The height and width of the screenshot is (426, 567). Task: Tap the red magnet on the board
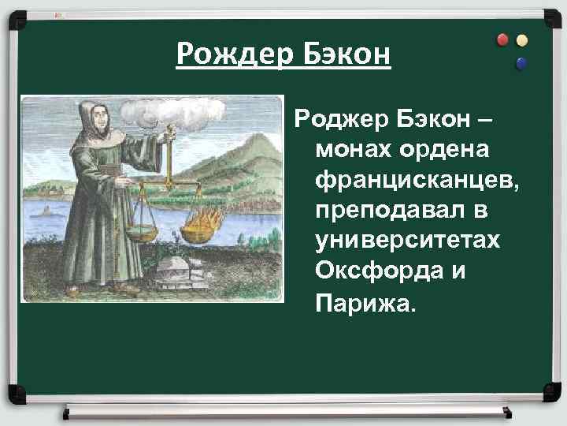(x=503, y=39)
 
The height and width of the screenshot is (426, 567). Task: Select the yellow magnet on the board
(x=521, y=40)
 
